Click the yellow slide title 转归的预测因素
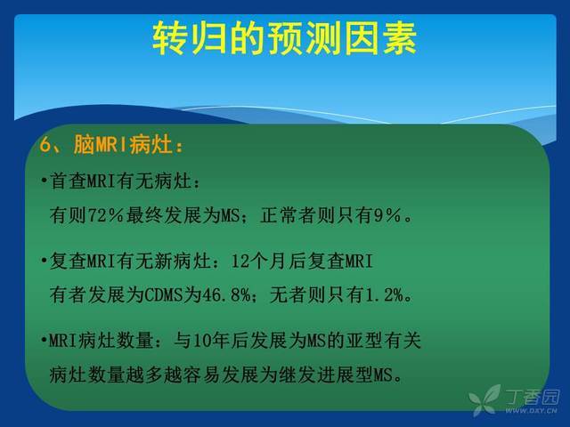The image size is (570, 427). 284,38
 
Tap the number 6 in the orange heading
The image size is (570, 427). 45,145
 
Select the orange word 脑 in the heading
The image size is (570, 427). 83,144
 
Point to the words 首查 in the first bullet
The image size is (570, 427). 68,181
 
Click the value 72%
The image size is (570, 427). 105,215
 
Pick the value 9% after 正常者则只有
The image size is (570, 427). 387,215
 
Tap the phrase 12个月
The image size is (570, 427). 259,261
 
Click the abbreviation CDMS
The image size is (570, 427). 164,294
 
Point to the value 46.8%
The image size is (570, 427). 226,294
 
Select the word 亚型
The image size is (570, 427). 364,341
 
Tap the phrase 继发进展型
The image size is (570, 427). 326,375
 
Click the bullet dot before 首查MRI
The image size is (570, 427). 44,180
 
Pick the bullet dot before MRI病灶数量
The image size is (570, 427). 44,340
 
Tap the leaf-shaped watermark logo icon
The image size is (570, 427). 484,400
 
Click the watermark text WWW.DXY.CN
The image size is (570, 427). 531,411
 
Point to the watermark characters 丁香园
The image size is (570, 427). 533,397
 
